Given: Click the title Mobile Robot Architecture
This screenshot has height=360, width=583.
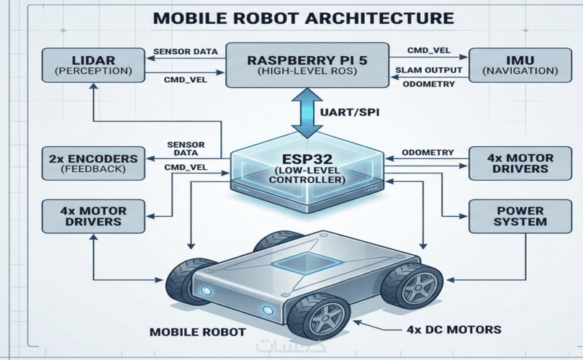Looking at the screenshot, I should click(291, 18).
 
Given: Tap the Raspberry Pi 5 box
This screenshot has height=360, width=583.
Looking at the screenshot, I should click(307, 64).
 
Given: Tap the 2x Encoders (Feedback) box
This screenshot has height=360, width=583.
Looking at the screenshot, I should click(94, 163).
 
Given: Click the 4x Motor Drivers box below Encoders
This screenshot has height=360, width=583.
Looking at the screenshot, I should click(94, 217).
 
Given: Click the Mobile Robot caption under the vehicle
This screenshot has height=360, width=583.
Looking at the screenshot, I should click(198, 333).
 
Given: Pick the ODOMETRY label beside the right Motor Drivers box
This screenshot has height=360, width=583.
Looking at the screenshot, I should click(428, 152).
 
